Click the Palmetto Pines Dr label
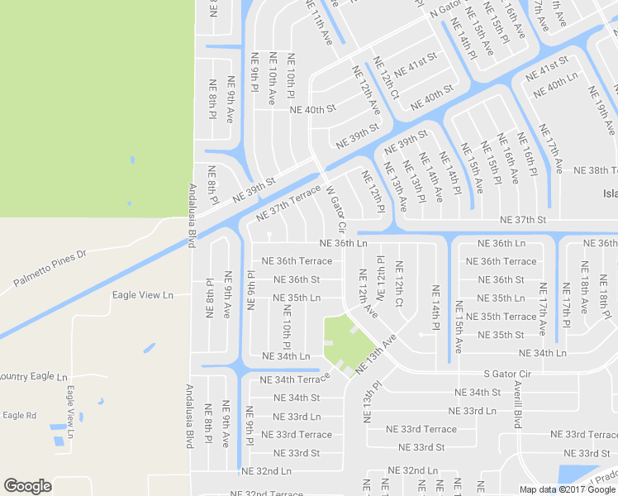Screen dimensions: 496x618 click(50, 269)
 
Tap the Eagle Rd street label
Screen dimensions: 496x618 click(19, 415)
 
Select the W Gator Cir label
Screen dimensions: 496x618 click(336, 205)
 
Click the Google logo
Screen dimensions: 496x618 click(27, 486)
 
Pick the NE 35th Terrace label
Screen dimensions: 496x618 click(502, 317)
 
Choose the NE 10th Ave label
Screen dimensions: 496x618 click(271, 79)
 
